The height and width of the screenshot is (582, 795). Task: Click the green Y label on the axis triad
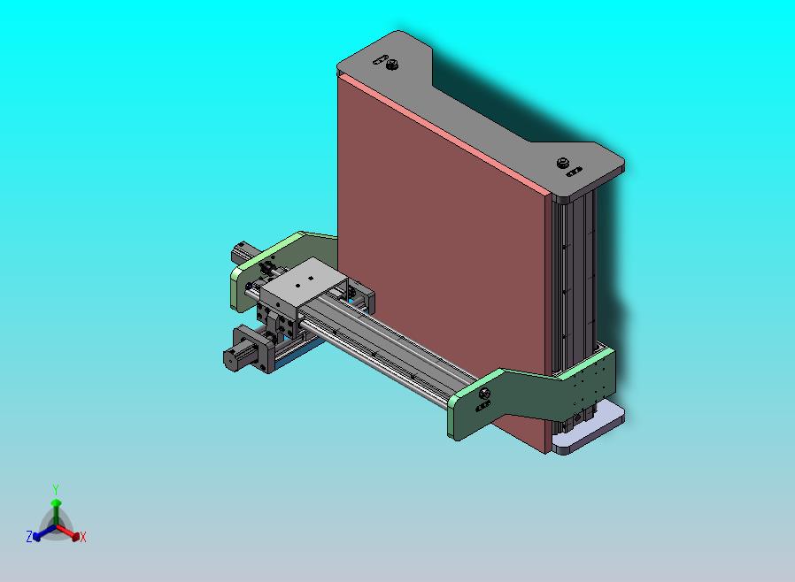tap(55, 489)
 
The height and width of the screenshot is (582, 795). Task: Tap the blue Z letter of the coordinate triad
tap(29, 536)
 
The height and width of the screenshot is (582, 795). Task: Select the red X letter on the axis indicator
tap(83, 537)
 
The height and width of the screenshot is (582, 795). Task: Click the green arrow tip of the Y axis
tap(55, 503)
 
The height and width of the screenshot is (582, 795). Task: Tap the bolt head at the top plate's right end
tap(562, 163)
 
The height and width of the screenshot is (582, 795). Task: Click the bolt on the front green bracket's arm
tap(484, 393)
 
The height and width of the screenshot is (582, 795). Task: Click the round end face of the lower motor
tap(229, 359)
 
